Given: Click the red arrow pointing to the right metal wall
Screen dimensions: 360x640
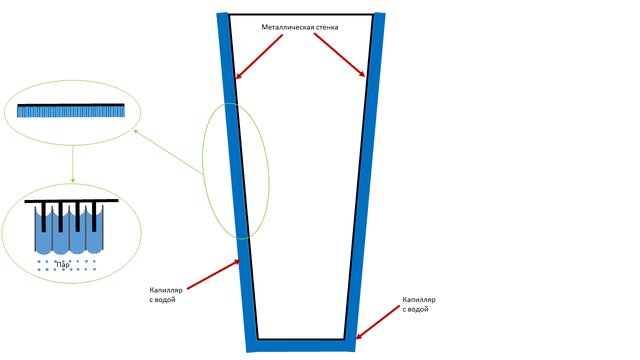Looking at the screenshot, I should tap(339, 55).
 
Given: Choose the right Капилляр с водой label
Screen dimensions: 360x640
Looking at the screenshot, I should tap(419, 304).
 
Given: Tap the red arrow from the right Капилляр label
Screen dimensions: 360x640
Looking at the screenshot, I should tap(377, 322).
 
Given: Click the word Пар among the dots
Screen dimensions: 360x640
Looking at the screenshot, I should tap(63, 265).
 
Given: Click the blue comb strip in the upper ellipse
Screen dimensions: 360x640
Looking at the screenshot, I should tap(71, 111).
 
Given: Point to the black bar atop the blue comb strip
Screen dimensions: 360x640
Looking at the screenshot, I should tap(71, 105).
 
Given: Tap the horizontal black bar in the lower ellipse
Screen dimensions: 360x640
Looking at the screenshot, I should tap(71, 200).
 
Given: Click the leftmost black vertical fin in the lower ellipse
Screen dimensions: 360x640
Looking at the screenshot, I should tap(44, 217).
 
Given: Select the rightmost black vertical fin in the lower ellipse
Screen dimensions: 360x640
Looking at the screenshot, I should tap(94, 217).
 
